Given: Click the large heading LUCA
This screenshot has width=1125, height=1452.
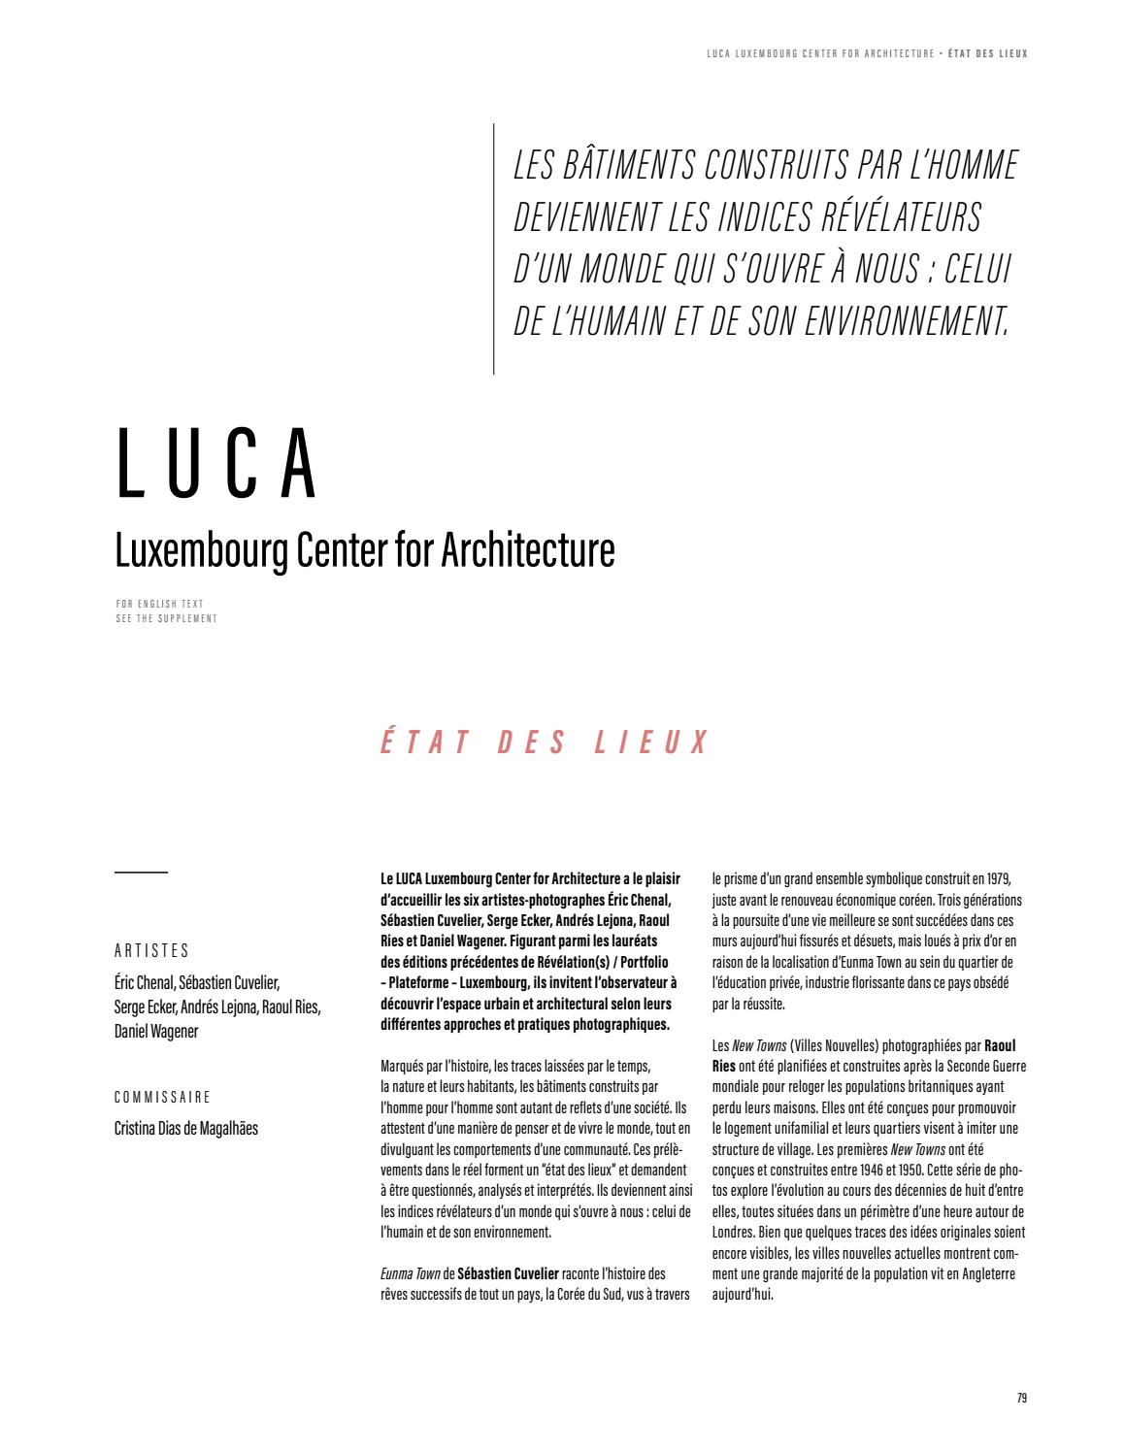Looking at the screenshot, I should click(217, 465).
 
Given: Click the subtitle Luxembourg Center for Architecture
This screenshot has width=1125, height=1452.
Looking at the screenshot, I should click(365, 548).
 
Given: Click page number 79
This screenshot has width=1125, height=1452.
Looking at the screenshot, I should click(1021, 1399).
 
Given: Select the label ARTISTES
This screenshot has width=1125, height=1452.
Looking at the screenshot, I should click(151, 951).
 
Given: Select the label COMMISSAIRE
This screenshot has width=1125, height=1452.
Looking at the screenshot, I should click(162, 1098).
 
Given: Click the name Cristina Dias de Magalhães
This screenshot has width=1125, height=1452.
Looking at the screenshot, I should click(186, 1128).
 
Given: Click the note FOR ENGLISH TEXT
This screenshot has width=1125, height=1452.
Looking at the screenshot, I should click(159, 604).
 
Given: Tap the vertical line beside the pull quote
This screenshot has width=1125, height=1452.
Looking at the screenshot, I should click(494, 248).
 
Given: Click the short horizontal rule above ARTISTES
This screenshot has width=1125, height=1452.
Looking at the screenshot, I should click(141, 873).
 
